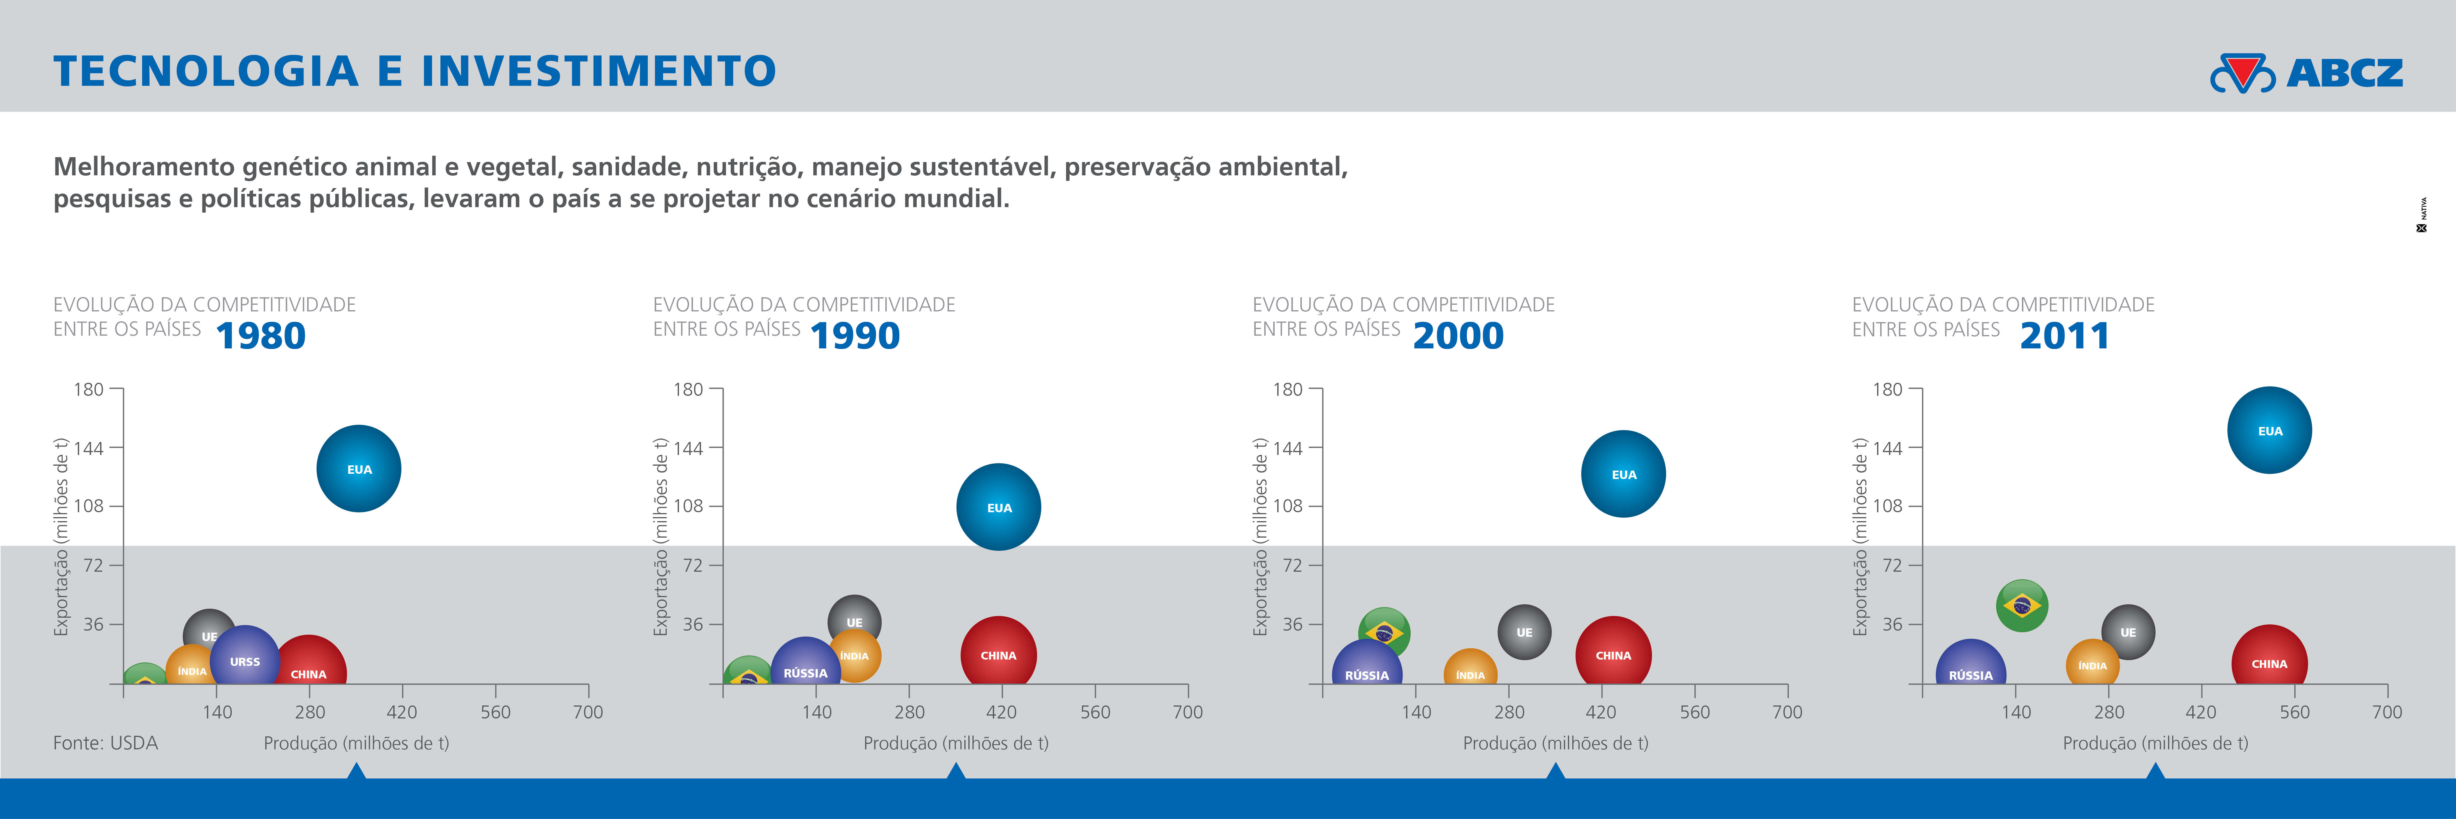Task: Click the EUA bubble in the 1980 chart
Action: tap(358, 468)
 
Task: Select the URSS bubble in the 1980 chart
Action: tap(245, 658)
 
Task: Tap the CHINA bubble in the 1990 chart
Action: tap(998, 652)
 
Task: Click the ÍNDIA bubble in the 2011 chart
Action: tap(2092, 664)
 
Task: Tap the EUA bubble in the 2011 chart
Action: tap(2269, 430)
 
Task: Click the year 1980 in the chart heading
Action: tap(260, 336)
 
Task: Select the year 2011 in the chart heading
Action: tap(2064, 336)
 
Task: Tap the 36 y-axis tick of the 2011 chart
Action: tap(1892, 625)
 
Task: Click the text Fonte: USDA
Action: tap(106, 743)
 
